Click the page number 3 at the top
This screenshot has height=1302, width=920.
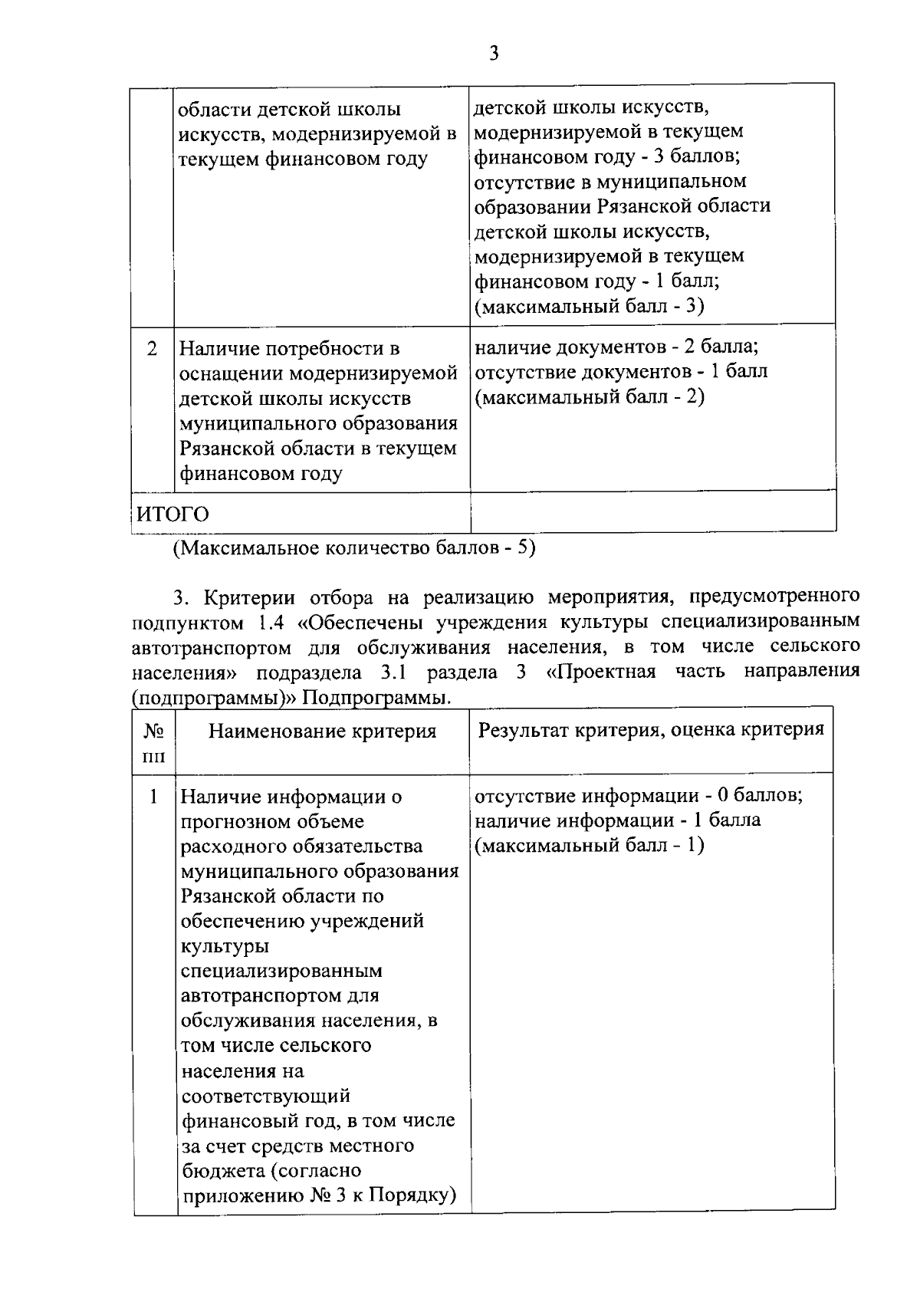coord(494,53)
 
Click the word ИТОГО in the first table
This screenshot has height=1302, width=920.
coord(172,513)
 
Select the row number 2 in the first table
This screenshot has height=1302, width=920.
coord(153,349)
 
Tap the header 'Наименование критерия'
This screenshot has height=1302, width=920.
coord(322,731)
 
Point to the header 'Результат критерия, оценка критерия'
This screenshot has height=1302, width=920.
coord(651,728)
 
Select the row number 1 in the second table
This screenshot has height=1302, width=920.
coord(153,797)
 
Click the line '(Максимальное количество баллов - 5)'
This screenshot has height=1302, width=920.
coord(353,548)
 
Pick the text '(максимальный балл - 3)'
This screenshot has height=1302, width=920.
coord(589,306)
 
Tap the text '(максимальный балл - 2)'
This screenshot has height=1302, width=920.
coord(589,396)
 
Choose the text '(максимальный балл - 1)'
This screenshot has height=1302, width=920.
coord(589,845)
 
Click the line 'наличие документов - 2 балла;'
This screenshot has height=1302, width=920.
coord(616,347)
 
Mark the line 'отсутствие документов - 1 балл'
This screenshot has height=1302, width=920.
coord(621,372)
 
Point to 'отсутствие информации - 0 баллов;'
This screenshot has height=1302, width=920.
coord(639,795)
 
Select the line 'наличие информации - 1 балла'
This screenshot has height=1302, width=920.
coord(617,820)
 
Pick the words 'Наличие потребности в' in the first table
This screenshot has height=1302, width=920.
coord(289,349)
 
